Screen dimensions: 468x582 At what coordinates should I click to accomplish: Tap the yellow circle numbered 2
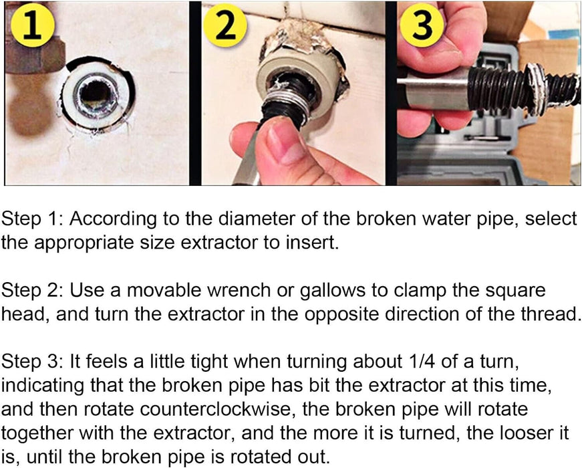click(x=227, y=28)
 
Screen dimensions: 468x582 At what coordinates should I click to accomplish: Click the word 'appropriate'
click(x=82, y=242)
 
